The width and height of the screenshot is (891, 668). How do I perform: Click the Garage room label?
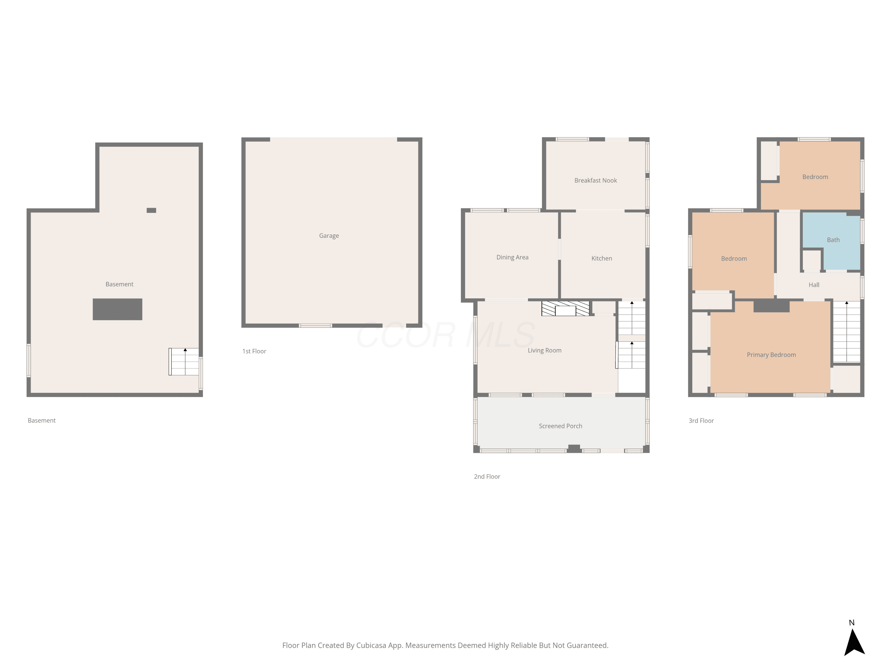point(329,235)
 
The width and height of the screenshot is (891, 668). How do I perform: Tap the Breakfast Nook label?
point(595,181)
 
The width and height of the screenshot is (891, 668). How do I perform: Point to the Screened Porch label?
point(560,426)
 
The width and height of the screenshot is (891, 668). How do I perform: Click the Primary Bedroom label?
point(771,355)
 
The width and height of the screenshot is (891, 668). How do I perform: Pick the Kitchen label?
point(601,259)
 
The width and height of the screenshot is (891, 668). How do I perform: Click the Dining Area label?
point(512,257)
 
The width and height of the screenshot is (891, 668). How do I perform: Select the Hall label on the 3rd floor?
point(814,285)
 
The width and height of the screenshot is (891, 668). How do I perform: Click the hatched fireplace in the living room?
point(565,308)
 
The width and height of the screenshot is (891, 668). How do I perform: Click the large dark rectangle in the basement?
point(117,309)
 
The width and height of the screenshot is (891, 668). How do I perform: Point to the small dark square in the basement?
point(151,210)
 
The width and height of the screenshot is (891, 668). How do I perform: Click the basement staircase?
point(184,362)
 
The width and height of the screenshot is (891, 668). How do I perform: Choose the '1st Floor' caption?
point(254,351)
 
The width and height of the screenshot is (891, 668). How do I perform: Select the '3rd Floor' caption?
point(701,420)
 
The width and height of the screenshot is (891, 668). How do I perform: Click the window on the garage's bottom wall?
point(315,325)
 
